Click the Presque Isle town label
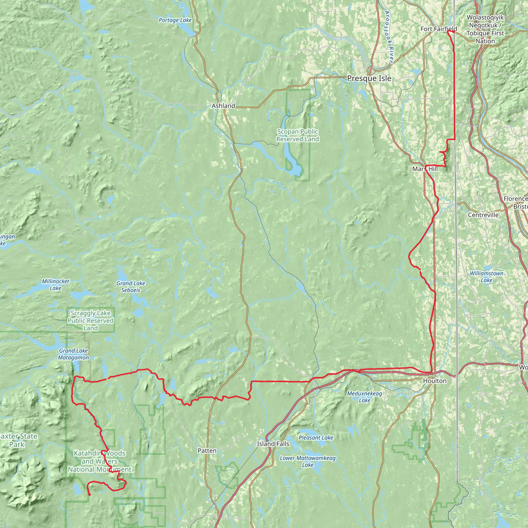(x=369, y=78)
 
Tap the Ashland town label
(x=223, y=106)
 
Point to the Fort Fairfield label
(x=438, y=29)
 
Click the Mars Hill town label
(x=425, y=169)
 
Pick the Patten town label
(x=207, y=451)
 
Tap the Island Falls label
(x=273, y=444)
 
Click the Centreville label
(x=483, y=215)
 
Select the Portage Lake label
(x=175, y=20)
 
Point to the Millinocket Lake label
(x=55, y=285)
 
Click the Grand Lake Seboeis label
(x=131, y=287)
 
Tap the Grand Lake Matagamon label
(x=73, y=354)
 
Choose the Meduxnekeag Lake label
(x=365, y=397)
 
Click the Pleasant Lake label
(x=316, y=438)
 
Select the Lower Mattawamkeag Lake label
(x=308, y=461)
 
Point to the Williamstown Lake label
(x=486, y=277)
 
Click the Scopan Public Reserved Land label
(x=297, y=135)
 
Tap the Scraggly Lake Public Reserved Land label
(x=90, y=320)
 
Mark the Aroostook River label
(x=389, y=37)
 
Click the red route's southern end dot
(x=89, y=494)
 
